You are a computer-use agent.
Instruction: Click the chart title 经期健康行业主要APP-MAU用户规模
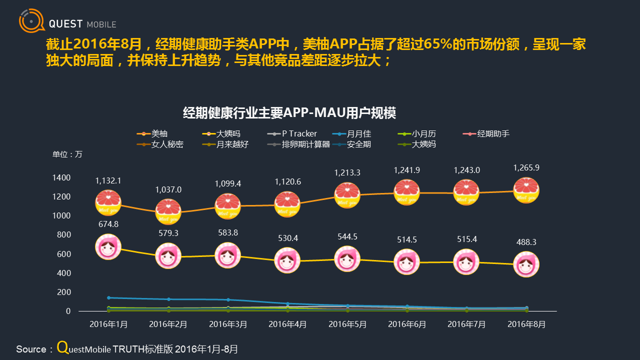click(289, 113)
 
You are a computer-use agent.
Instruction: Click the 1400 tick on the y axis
click(62, 177)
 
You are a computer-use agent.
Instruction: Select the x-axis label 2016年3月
click(228, 324)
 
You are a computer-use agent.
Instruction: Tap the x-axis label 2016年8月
click(526, 324)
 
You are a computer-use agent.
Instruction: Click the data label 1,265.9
click(526, 168)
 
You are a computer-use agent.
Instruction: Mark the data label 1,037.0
click(168, 190)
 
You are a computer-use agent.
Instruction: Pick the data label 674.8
click(108, 224)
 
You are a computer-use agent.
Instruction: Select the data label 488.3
click(526, 242)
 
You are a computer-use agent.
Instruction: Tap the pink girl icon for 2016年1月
click(108, 247)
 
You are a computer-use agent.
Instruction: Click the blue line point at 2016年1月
click(108, 297)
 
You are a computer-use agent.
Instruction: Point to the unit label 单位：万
click(67, 154)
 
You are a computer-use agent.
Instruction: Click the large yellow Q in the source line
click(62, 347)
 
